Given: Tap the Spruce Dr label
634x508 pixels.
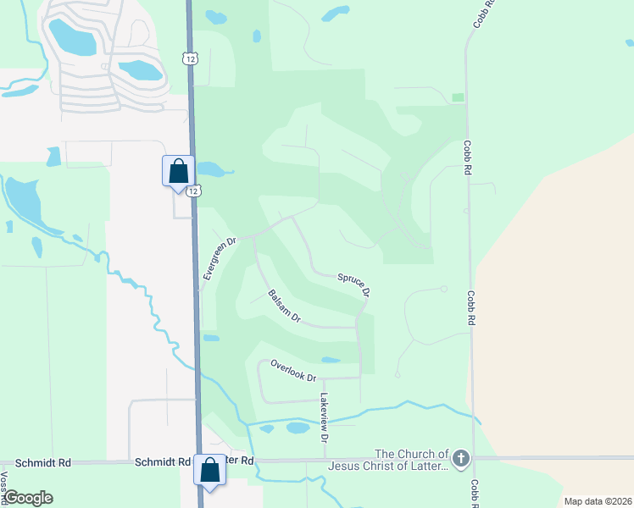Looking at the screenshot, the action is (x=354, y=284).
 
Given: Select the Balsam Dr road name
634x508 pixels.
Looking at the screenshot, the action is (x=285, y=306).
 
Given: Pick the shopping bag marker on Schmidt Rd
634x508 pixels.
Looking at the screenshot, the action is (x=209, y=470).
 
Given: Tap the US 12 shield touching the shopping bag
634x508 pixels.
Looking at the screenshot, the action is (x=195, y=191).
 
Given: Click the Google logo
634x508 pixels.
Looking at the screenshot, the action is (x=27, y=498).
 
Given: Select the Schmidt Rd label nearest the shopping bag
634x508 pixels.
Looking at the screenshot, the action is (x=162, y=462).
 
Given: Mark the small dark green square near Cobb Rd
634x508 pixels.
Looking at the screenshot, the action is (x=459, y=97).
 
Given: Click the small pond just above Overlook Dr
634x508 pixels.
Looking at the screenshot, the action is (x=331, y=360).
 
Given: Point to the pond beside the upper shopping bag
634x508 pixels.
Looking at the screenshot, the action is (x=214, y=169).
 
